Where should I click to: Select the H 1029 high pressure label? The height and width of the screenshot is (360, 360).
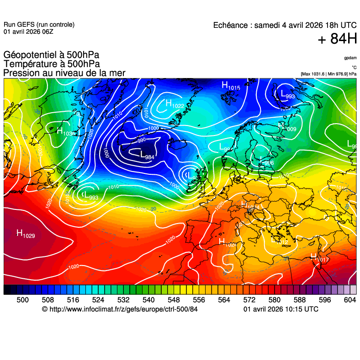tap(26, 234)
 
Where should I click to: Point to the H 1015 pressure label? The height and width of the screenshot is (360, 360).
tap(231, 85)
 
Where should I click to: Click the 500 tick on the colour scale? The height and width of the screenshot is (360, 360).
tap(23, 299)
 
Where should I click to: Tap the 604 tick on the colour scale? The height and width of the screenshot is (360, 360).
tap(350, 299)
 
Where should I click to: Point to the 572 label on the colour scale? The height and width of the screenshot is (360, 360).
tap(249, 299)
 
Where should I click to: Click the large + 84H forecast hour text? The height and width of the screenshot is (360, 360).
tap(337, 39)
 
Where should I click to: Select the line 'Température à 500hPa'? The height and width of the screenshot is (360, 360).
tap(52, 64)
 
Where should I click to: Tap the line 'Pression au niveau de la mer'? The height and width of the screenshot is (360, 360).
tap(64, 73)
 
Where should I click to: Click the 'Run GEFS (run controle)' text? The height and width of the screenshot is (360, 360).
tap(39, 25)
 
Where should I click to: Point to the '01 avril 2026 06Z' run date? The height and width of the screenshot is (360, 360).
tap(28, 32)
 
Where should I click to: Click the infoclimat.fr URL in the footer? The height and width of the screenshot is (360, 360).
tap(120, 309)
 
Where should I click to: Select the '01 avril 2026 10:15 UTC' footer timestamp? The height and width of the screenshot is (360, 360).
tap(281, 309)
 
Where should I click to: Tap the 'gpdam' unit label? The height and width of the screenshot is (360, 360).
tap(350, 58)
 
